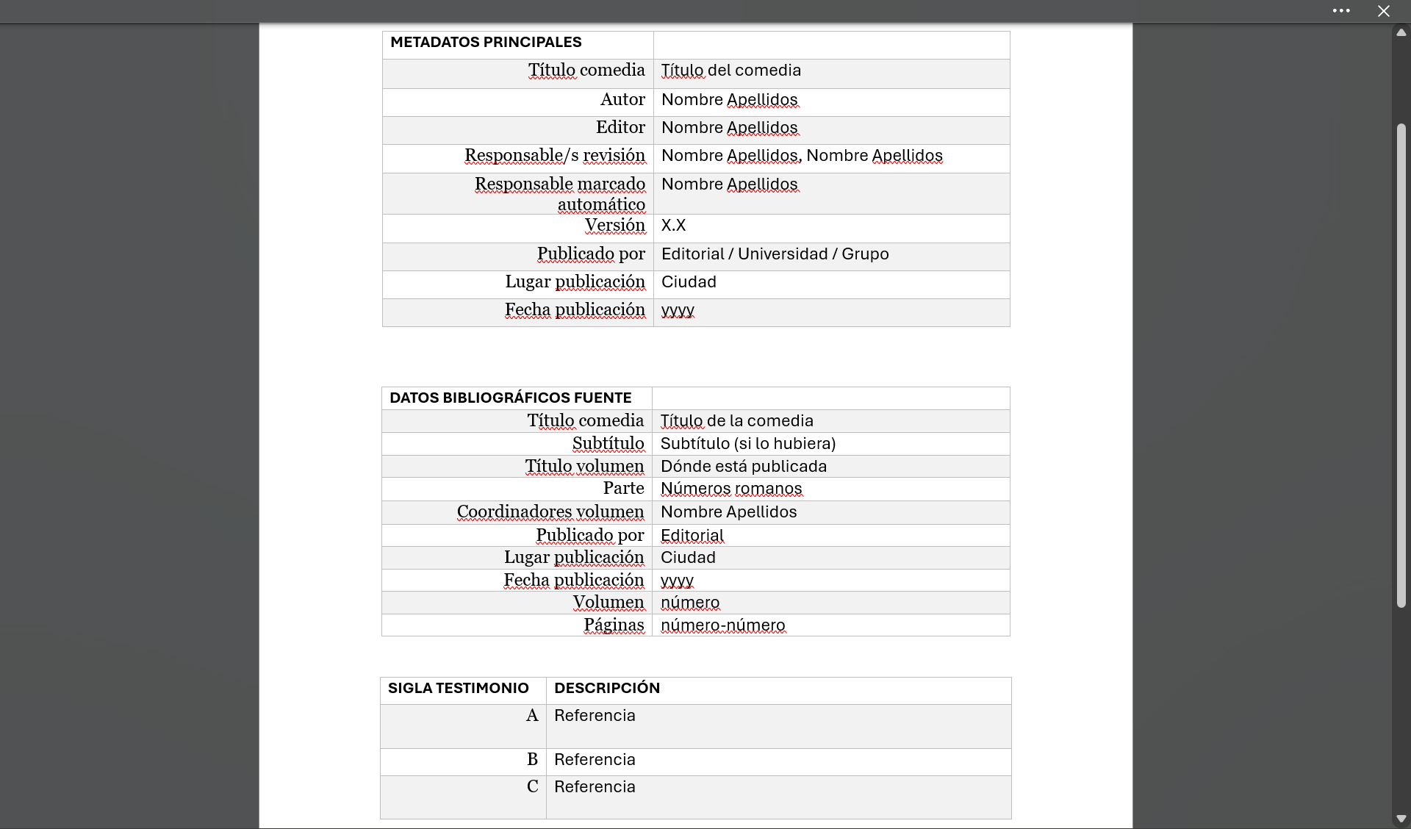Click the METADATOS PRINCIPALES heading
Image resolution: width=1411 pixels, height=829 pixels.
[486, 43]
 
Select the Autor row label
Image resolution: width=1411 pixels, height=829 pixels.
[622, 100]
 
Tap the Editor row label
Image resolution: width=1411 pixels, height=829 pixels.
[620, 128]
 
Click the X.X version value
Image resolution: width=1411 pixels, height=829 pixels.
[673, 226]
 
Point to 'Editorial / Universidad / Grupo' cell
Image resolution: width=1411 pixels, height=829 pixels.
[775, 254]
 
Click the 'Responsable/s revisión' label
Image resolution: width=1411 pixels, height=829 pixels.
[554, 156]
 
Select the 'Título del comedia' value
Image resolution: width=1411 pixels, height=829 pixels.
[730, 71]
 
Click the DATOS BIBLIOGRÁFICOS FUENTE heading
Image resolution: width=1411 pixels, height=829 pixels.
[510, 398]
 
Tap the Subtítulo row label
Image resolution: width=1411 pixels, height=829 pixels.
[608, 444]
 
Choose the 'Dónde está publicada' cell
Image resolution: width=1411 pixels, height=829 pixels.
[743, 467]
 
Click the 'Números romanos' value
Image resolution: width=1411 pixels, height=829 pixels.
[730, 489]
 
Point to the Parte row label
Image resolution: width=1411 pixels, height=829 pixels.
[623, 489]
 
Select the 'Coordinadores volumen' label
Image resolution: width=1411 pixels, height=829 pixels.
[550, 512]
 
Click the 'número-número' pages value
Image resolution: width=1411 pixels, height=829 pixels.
[722, 625]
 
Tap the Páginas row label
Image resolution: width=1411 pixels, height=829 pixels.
[614, 625]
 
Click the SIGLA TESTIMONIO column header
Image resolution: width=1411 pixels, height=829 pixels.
[458, 689]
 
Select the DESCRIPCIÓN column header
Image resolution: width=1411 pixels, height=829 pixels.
[606, 689]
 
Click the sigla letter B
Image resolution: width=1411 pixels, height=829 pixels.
[532, 760]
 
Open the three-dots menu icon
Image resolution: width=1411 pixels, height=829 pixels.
[1340, 11]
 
